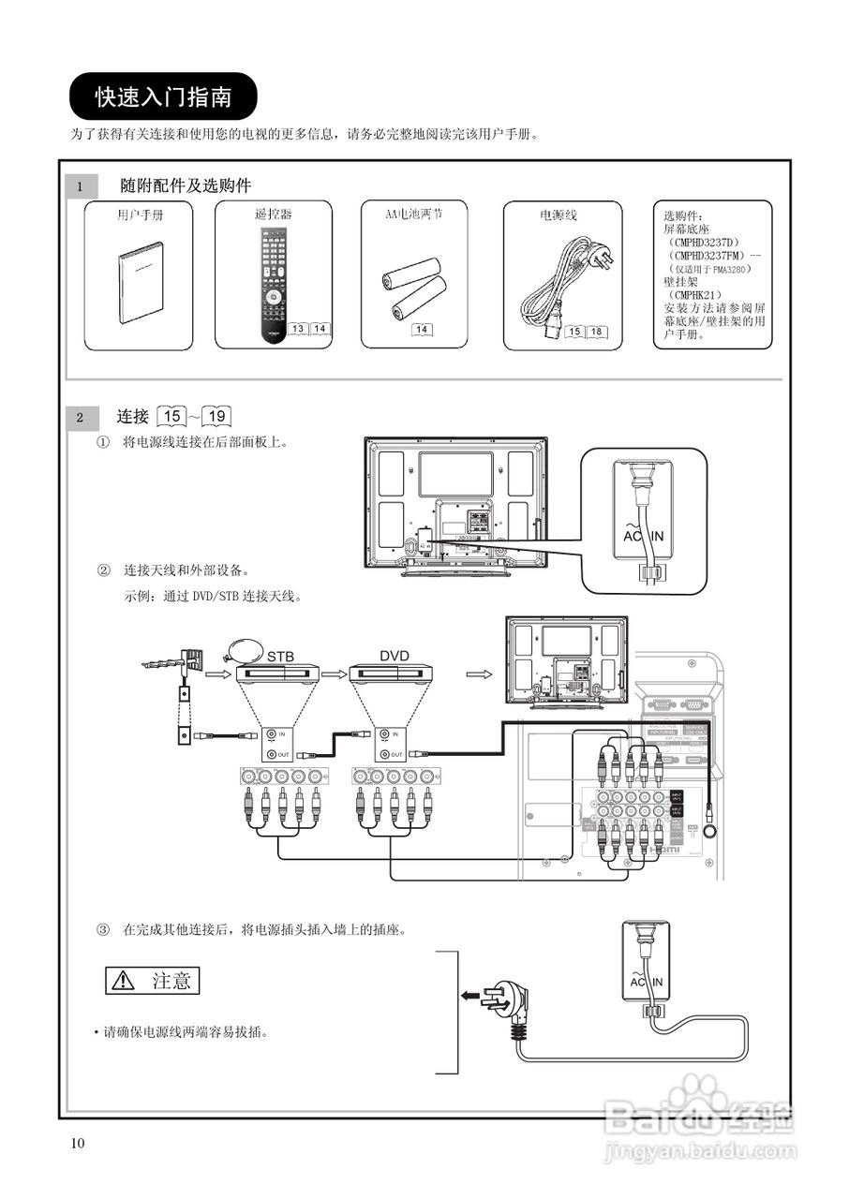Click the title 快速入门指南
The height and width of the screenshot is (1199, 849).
[163, 96]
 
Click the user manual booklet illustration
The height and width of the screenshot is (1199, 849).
[140, 283]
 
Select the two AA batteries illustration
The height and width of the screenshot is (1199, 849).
[411, 285]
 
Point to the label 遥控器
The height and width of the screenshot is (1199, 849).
[273, 215]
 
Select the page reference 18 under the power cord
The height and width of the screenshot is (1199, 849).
[596, 332]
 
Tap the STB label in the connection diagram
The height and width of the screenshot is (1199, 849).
[280, 657]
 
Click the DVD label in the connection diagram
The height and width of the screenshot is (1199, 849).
[395, 657]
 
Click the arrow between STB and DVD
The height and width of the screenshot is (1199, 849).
[334, 673]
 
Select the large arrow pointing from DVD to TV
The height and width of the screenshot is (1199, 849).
[479, 673]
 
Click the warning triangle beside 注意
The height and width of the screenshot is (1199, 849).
[123, 981]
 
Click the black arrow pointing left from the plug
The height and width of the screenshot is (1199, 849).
[469, 996]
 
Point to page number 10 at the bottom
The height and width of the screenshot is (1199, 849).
[77, 1143]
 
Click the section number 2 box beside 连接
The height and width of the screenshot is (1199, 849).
[81, 417]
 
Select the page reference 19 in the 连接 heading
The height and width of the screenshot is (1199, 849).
[217, 416]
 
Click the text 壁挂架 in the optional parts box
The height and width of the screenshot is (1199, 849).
[680, 282]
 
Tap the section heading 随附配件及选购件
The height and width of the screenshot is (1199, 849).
[186, 185]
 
